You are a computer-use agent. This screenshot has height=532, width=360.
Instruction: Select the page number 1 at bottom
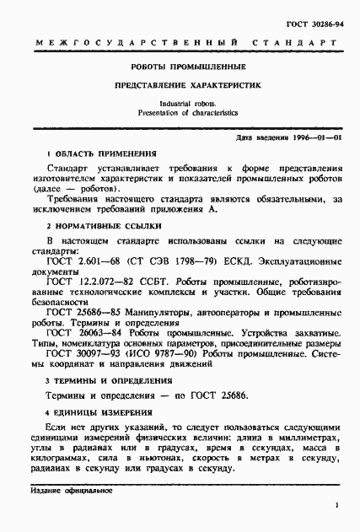pyautogui.click(x=336, y=506)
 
